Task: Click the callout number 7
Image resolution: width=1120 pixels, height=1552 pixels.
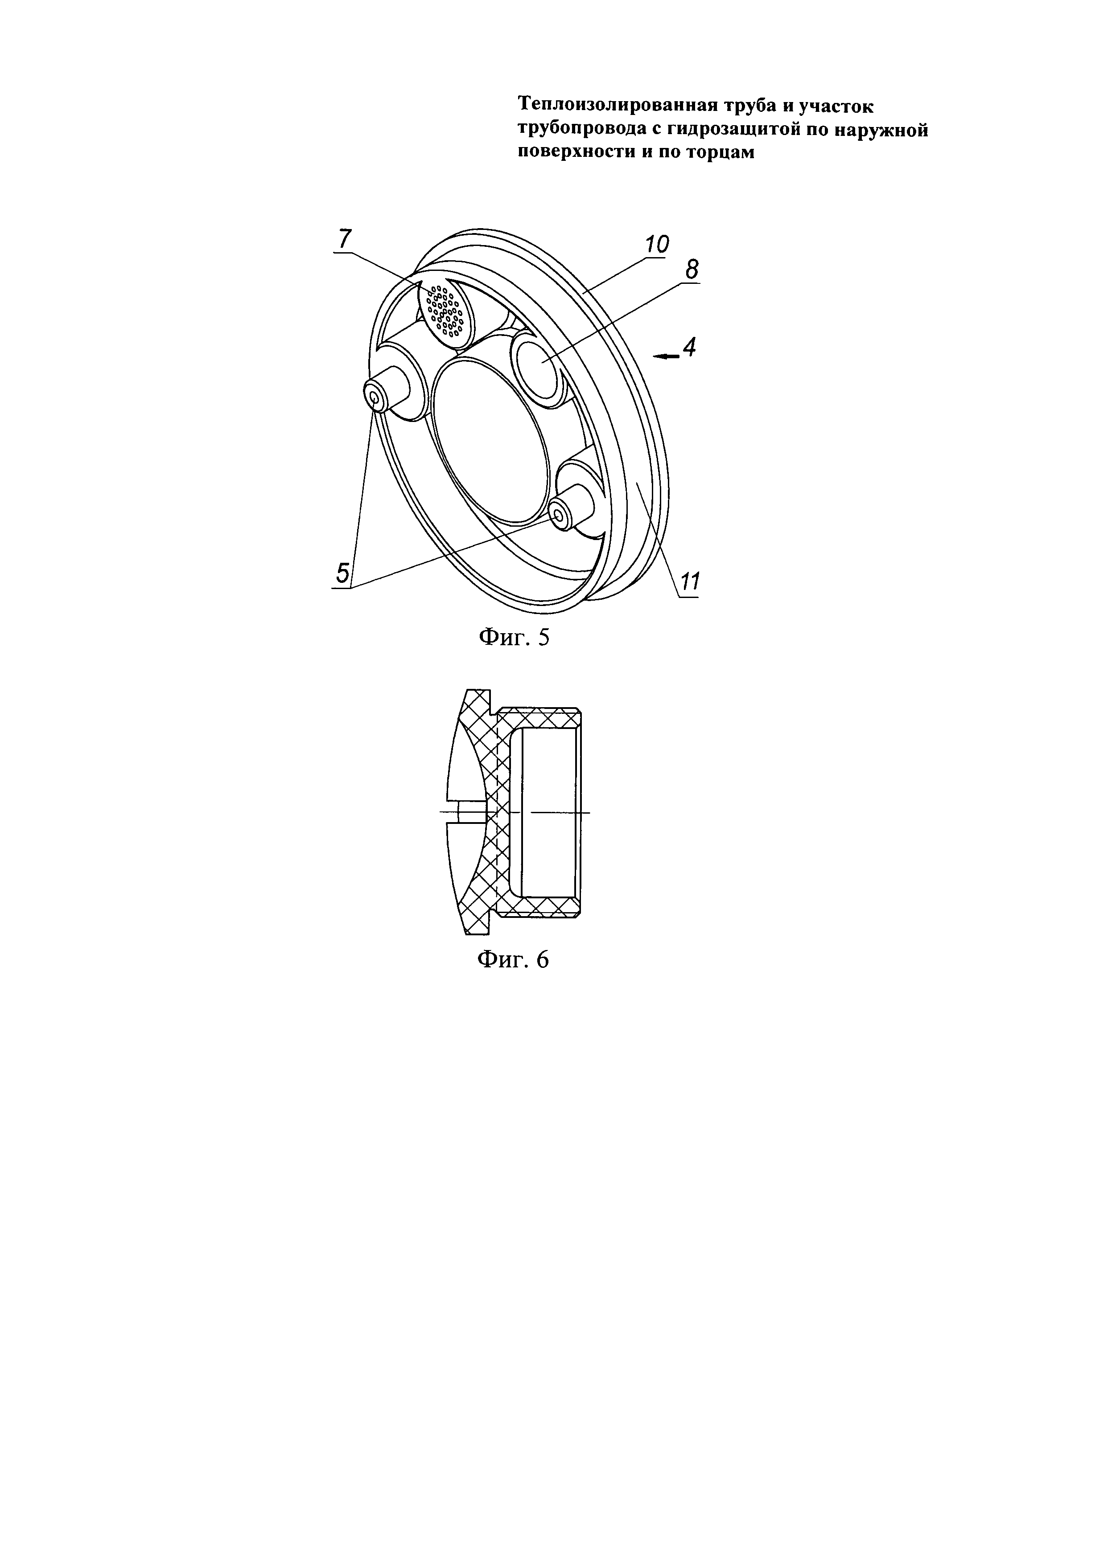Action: point(344,240)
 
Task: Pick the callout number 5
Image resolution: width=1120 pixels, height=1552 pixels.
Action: point(343,573)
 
